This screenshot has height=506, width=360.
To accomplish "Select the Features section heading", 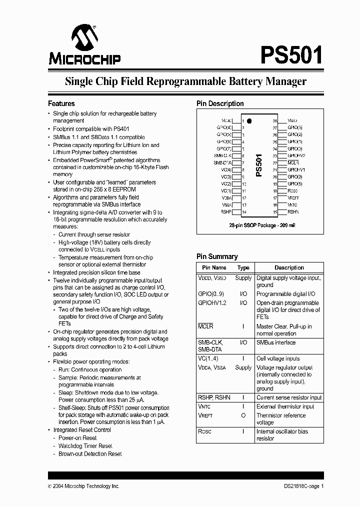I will [x=61, y=103].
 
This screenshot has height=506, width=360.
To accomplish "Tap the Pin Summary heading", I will [x=216, y=256].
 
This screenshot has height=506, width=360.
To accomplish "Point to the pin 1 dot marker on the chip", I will [x=249, y=121].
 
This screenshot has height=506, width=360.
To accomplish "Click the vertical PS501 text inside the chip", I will [x=258, y=165].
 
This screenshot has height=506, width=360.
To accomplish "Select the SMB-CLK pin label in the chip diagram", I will [x=222, y=155].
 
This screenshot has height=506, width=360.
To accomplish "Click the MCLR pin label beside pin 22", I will [x=293, y=163].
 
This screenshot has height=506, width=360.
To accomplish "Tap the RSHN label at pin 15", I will [x=293, y=212].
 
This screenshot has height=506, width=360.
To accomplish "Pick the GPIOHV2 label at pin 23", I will [x=296, y=156].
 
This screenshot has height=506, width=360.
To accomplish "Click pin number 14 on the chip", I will [x=243, y=212].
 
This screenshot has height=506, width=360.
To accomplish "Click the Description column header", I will [x=289, y=267].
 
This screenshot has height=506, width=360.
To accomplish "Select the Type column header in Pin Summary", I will [x=243, y=267].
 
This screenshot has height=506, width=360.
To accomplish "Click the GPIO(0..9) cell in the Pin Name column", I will [x=211, y=294].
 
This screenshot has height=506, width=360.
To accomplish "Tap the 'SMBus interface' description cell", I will [x=275, y=342].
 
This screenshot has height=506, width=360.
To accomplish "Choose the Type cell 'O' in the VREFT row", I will [x=243, y=415].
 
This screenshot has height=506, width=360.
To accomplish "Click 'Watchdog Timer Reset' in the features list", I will [x=85, y=445].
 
